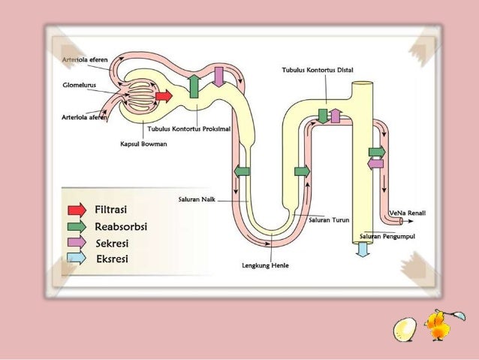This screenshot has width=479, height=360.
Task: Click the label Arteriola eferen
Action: [84, 59]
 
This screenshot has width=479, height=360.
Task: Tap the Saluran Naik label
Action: [193, 199]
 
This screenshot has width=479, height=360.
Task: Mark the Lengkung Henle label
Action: [265, 265]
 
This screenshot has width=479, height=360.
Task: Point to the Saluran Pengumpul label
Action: [387, 236]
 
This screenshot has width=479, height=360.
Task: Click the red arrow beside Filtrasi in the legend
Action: [77, 210]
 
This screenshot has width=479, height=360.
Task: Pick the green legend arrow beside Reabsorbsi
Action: [77, 226]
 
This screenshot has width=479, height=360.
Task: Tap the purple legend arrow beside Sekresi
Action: [77, 243]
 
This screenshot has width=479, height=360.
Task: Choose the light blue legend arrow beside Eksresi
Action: [77, 259]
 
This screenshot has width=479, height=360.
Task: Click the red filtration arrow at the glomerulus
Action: [164, 95]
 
